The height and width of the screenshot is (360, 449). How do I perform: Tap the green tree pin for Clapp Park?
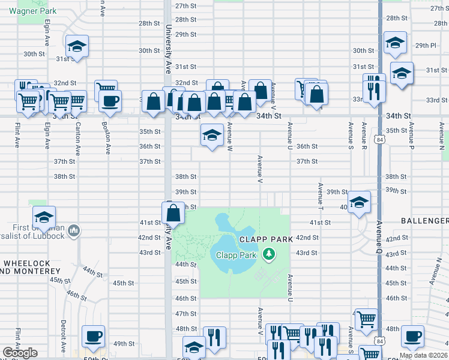click(270, 255)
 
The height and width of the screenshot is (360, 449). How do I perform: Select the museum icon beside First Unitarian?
click(74, 230)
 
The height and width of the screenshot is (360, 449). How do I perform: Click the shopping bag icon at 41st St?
click(173, 212)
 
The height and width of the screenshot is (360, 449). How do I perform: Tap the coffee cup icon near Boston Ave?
click(110, 100)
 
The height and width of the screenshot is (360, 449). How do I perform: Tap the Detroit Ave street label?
click(62, 335)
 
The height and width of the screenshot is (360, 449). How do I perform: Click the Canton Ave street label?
click(77, 136)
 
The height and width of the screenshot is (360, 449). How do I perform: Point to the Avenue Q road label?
click(379, 237)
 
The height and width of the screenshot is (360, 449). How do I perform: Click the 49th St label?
click(124, 344)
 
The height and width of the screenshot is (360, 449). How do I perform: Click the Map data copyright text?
click(423, 355)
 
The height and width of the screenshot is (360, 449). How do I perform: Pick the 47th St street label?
click(185, 314)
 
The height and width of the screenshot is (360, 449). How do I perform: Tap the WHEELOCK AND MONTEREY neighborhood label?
click(30, 268)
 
